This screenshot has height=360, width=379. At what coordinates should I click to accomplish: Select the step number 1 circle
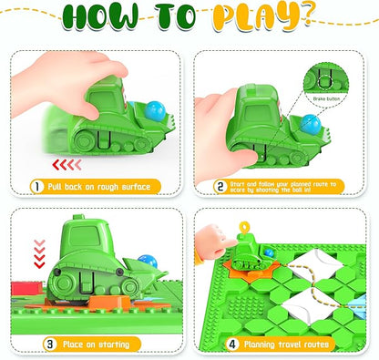click(x=37, y=186)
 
